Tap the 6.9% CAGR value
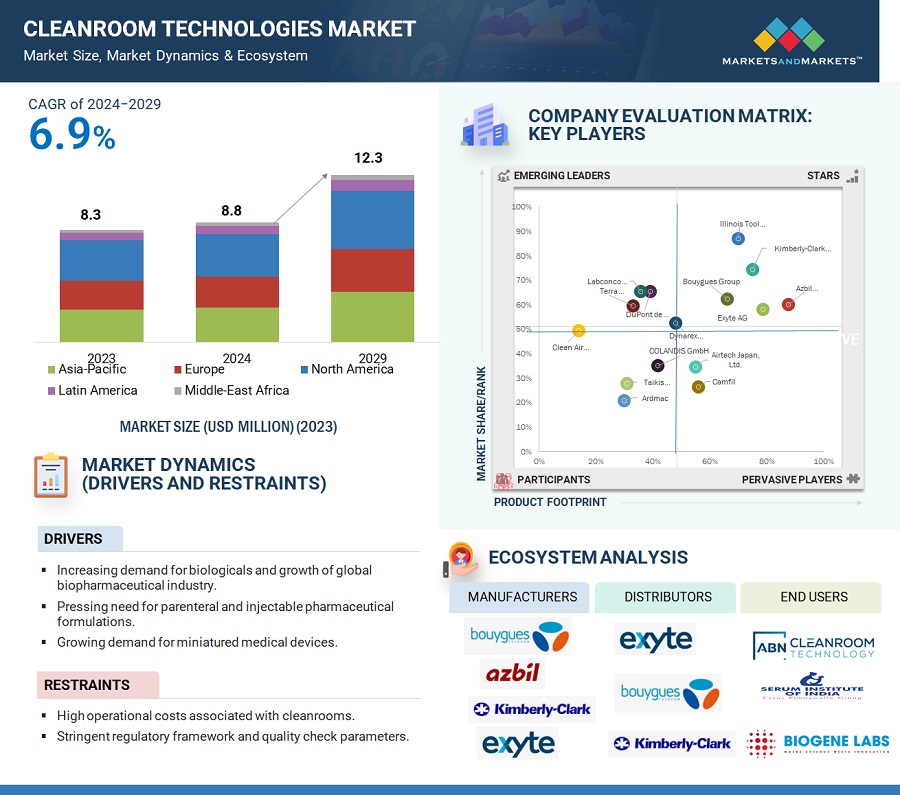pyautogui.click(x=72, y=136)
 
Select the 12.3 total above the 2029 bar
pyautogui.click(x=368, y=158)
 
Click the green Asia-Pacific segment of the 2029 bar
pyautogui.click(x=372, y=316)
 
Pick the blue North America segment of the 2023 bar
pyautogui.click(x=101, y=260)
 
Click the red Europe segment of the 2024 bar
pyautogui.click(x=237, y=291)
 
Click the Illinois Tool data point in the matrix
pyautogui.click(x=738, y=239)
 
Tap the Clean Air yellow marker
pyautogui.click(x=578, y=331)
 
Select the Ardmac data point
pyautogui.click(x=624, y=401)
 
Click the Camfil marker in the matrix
pyautogui.click(x=698, y=387)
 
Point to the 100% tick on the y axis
pyautogui.click(x=522, y=207)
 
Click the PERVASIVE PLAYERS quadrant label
pyautogui.click(x=792, y=480)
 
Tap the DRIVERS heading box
pyautogui.click(x=80, y=539)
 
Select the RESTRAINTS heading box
pyautogui.click(x=97, y=685)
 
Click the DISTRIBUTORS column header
pyautogui.click(x=668, y=597)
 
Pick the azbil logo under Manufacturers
pyautogui.click(x=512, y=673)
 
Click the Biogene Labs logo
pyautogui.click(x=818, y=742)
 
